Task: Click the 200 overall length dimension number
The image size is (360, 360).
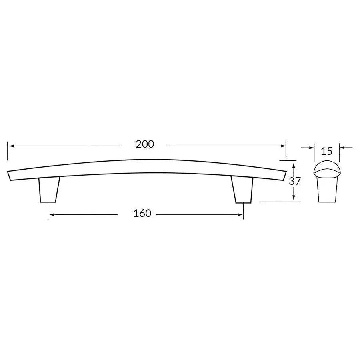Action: click(144, 144)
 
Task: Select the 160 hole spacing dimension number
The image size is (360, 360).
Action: click(142, 214)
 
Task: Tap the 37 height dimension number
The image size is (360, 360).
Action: click(295, 181)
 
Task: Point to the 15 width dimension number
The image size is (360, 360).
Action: click(326, 151)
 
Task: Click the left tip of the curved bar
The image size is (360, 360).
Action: click(9, 175)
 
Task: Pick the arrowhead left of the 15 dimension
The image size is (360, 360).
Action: click(312, 148)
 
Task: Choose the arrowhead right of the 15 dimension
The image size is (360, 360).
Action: click(342, 148)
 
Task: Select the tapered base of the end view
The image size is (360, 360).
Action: click(326, 190)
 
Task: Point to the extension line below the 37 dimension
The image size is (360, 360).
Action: click(280, 202)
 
